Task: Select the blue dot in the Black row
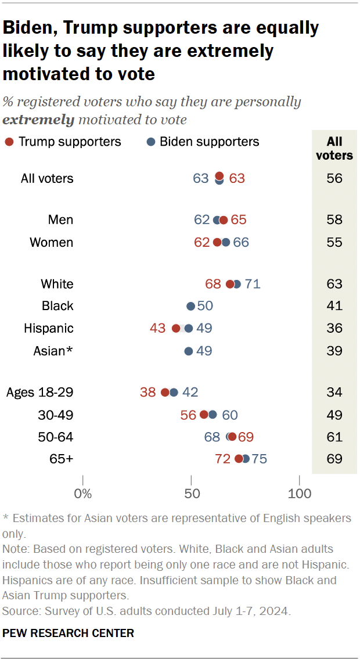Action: click(190, 306)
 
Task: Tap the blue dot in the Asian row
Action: click(188, 351)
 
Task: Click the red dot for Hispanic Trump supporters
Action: click(176, 328)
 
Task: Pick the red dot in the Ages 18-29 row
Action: click(165, 393)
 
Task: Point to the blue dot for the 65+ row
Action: click(246, 459)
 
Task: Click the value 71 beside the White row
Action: click(253, 284)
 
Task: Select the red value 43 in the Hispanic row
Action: click(157, 328)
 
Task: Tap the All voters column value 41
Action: click(334, 306)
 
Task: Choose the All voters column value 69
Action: click(334, 459)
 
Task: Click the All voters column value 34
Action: click(334, 393)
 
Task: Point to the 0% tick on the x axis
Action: click(83, 494)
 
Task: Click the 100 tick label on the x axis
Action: click(300, 494)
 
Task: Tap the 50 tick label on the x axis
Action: click(191, 494)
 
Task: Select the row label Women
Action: click(52, 242)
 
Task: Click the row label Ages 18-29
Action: click(39, 393)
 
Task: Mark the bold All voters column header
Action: click(334, 148)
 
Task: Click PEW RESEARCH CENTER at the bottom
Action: click(69, 633)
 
